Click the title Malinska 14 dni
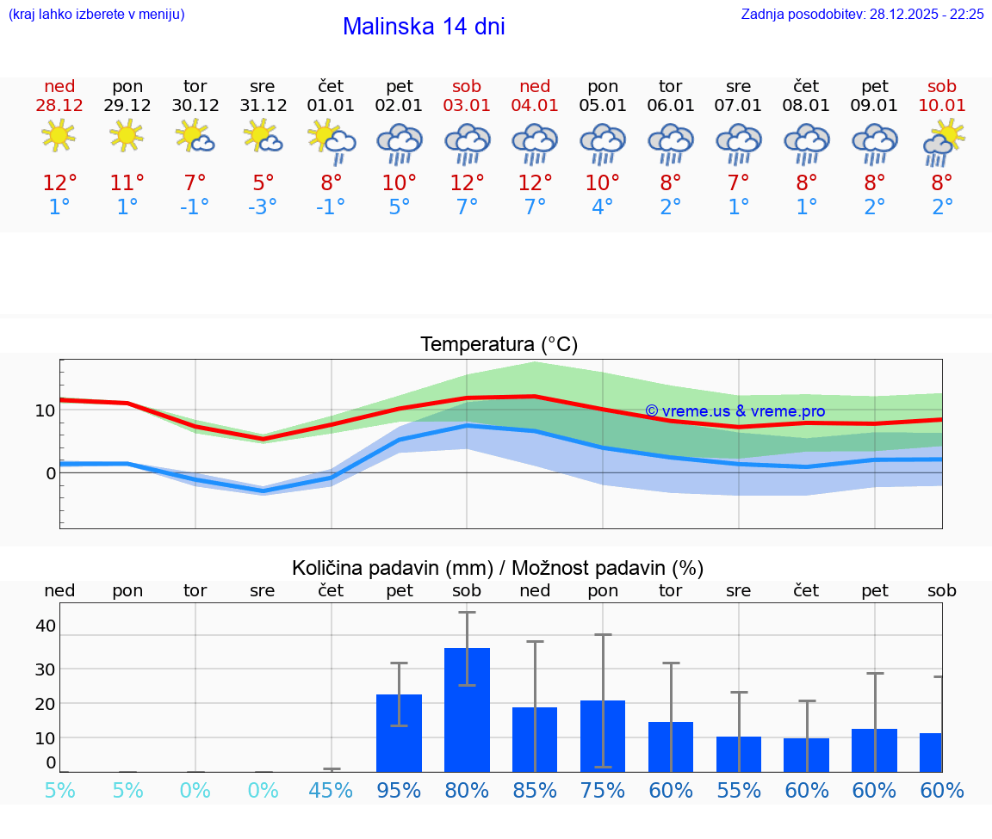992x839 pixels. (x=424, y=27)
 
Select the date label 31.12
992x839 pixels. (x=263, y=106)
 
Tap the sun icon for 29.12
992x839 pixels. (x=127, y=135)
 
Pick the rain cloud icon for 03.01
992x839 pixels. (x=467, y=143)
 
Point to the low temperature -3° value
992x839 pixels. (x=263, y=207)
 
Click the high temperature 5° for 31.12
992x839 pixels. (x=263, y=182)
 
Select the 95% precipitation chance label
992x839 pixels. (x=399, y=791)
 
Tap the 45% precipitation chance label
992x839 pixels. (x=331, y=791)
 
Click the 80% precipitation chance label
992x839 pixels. (x=467, y=791)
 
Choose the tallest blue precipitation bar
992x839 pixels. (x=467, y=710)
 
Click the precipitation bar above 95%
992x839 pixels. (x=399, y=733)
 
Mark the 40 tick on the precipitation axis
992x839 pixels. (x=45, y=626)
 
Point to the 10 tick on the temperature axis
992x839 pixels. (x=45, y=410)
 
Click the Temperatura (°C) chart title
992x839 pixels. (x=499, y=345)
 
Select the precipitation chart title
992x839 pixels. (x=497, y=568)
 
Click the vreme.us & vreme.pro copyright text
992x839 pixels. (x=735, y=411)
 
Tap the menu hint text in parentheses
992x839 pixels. (x=96, y=15)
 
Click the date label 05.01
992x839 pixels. (x=603, y=106)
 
